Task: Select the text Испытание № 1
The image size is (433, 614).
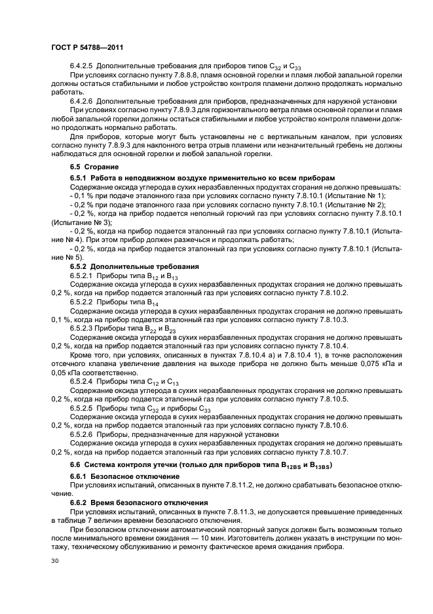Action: coord(355,196)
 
